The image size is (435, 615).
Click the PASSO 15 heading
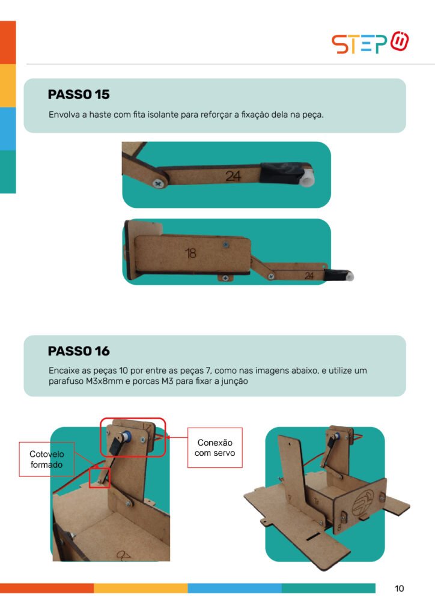coord(79,94)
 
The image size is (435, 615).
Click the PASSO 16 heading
coord(79,351)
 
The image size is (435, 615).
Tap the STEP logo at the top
coord(370,43)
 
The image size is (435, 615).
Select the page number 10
coord(399,589)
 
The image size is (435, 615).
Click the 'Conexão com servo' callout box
coord(214,447)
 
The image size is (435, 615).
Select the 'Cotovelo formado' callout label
coord(47,459)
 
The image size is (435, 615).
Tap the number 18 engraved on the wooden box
coord(190,253)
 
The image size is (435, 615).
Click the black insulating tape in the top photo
coord(281,173)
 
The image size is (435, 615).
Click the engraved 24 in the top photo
coord(233,176)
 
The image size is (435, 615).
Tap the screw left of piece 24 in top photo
coord(159,183)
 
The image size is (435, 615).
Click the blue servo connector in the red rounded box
coord(126,437)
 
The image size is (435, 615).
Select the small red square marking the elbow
coord(99,477)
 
